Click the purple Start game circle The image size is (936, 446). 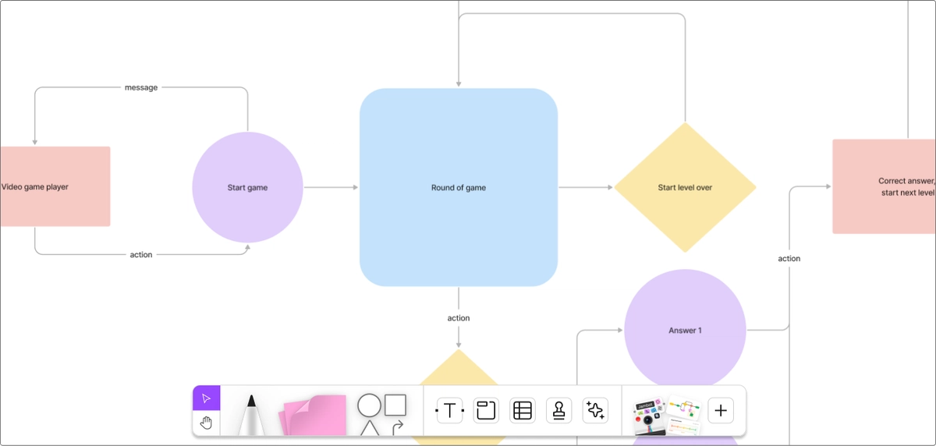(247, 187)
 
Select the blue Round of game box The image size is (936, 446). (458, 187)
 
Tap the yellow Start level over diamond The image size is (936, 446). (685, 187)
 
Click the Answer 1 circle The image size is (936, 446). (685, 330)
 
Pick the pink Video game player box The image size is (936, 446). (55, 187)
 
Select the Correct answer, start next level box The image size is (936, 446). (884, 187)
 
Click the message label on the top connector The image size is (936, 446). (141, 87)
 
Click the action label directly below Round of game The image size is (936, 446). (459, 318)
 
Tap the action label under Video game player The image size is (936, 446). (141, 255)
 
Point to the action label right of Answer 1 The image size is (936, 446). (789, 259)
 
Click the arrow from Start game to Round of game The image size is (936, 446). (331, 187)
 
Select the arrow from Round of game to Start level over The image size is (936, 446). (586, 187)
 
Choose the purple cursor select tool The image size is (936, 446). (207, 398)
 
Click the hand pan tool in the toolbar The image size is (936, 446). (207, 423)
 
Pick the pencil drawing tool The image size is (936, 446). (251, 415)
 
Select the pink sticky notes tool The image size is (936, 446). (314, 415)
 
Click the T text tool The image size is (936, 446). (449, 410)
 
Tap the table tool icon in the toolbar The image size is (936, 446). (523, 410)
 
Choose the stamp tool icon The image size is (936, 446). (558, 410)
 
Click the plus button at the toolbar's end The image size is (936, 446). (721, 410)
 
